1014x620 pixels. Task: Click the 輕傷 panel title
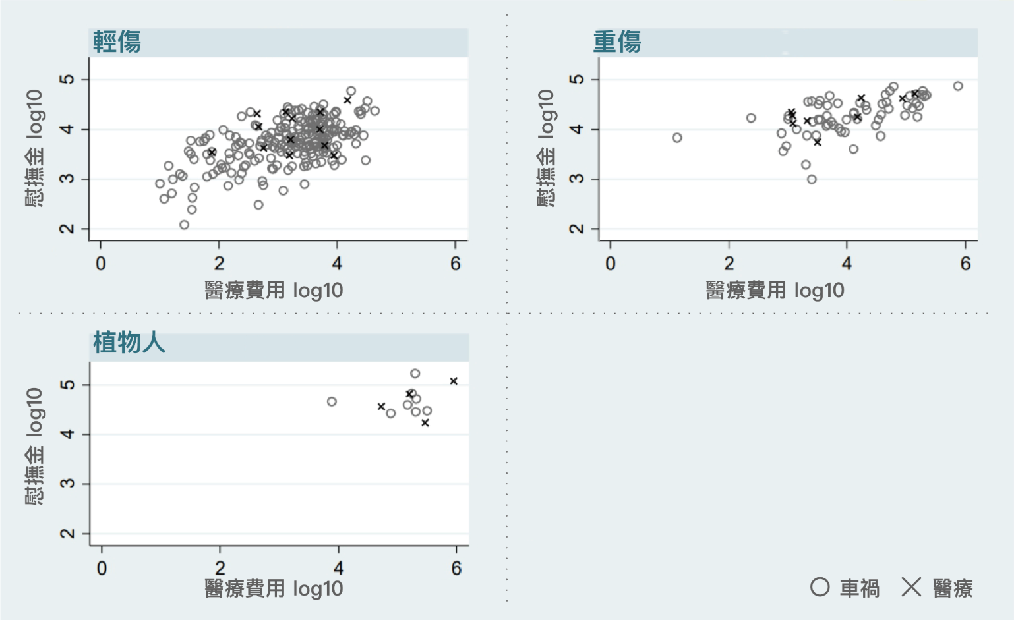(x=117, y=42)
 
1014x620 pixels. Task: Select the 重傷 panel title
(x=617, y=42)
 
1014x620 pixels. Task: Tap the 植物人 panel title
(x=129, y=343)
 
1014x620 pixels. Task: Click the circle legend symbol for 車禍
(x=820, y=587)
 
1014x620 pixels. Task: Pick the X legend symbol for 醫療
(x=911, y=587)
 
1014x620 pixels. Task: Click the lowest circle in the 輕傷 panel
(x=185, y=225)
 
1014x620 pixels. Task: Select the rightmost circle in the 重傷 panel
(x=958, y=86)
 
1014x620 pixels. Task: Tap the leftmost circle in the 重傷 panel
(x=677, y=138)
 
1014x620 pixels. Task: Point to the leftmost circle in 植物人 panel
(x=332, y=401)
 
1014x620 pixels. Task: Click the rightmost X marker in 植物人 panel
(x=454, y=381)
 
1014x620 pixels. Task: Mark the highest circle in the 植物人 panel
(x=415, y=374)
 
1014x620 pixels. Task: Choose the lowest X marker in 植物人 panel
(x=425, y=423)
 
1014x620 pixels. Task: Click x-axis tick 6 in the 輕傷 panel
(x=456, y=264)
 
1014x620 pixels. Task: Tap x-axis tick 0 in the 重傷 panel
(x=611, y=264)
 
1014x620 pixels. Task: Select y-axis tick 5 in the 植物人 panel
(x=67, y=385)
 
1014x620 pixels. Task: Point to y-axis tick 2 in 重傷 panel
(x=577, y=229)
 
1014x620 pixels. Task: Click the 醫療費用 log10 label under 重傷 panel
(x=775, y=290)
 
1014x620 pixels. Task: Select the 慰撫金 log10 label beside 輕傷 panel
(x=34, y=148)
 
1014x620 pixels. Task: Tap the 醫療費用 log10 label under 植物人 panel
(x=274, y=588)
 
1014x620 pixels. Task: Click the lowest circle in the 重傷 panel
(x=812, y=179)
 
